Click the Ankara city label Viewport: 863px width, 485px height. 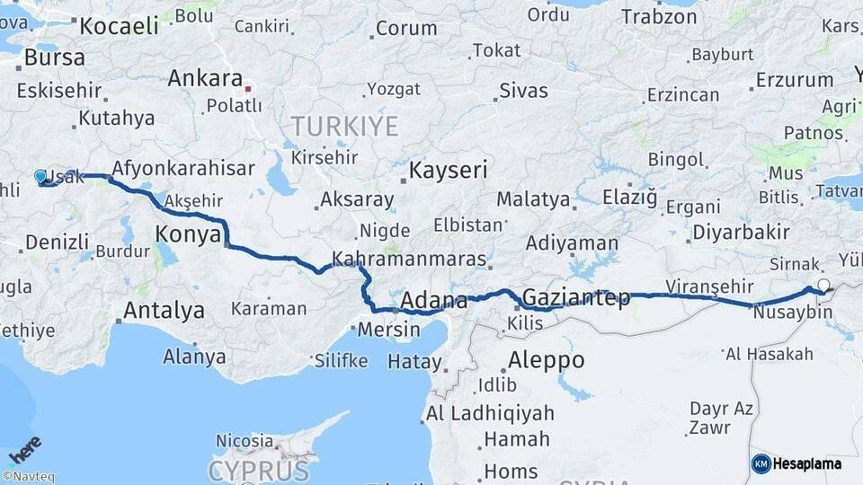click(x=205, y=78)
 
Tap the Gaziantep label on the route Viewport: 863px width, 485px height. click(x=575, y=297)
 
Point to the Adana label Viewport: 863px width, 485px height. click(x=434, y=300)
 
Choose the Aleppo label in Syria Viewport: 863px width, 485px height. click(x=546, y=360)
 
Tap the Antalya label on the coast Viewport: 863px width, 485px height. click(x=164, y=312)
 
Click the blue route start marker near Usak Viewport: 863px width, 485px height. click(x=40, y=176)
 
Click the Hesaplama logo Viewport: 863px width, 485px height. click(x=797, y=463)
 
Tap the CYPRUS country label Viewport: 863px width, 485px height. click(x=259, y=470)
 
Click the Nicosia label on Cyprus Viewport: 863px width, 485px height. click(x=245, y=441)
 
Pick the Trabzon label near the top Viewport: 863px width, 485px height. click(x=659, y=17)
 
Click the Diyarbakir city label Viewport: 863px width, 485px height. click(x=741, y=233)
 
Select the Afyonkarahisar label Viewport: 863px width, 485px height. click(x=169, y=168)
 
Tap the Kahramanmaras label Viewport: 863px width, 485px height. click(x=409, y=260)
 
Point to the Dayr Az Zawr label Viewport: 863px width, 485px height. click(x=721, y=418)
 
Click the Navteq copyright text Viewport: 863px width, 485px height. click(x=28, y=477)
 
